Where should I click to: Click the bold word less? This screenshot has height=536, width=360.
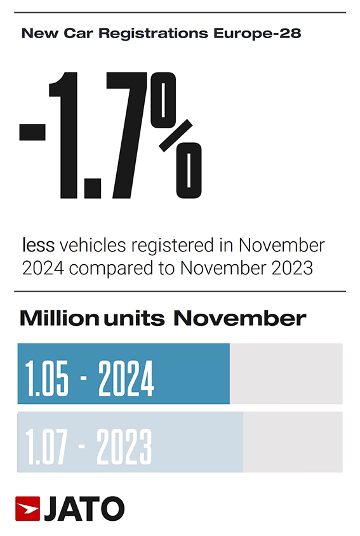point(39,245)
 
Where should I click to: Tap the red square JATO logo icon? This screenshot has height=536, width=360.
point(27,509)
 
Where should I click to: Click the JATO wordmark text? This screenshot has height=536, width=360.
point(83,509)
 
